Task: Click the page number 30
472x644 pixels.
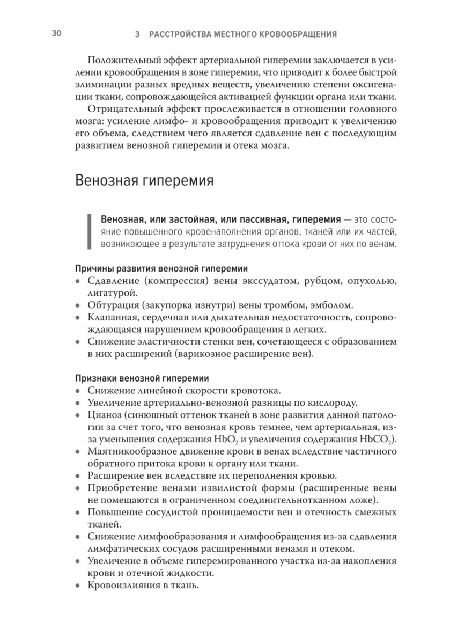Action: click(x=57, y=34)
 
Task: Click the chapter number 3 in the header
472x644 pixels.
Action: click(x=138, y=35)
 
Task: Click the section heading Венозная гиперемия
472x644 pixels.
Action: click(x=144, y=180)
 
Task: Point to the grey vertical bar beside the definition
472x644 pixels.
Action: click(x=89, y=232)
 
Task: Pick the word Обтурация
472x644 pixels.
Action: click(x=112, y=305)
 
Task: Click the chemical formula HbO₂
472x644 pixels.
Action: click(x=254, y=440)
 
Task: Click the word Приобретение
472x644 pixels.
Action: click(x=118, y=489)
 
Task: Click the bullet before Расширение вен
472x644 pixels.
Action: click(x=78, y=477)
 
